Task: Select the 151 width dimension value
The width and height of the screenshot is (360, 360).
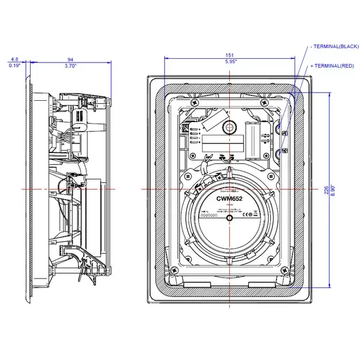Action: click(x=231, y=55)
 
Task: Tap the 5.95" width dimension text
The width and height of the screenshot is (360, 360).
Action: click(x=231, y=62)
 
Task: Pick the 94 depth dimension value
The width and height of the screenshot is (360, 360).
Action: click(x=70, y=59)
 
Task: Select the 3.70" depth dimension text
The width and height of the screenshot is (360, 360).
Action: click(x=70, y=66)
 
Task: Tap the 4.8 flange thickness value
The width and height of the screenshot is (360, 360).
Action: click(x=14, y=59)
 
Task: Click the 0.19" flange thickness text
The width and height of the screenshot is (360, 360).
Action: click(x=14, y=66)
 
